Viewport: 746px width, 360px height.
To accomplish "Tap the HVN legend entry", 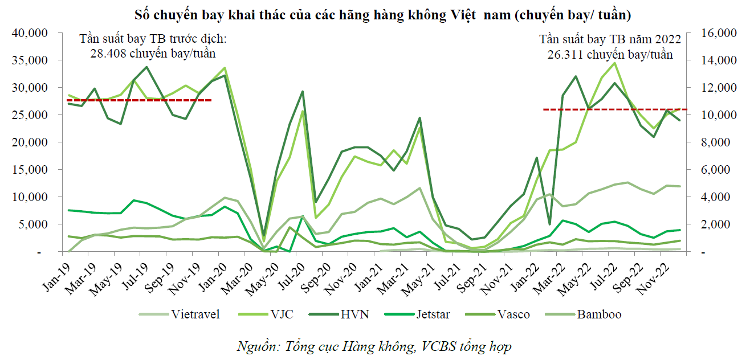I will point(354,314).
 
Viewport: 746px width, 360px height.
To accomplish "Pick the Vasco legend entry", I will point(512,314).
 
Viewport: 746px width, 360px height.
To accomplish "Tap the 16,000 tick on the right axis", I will point(707,33).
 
